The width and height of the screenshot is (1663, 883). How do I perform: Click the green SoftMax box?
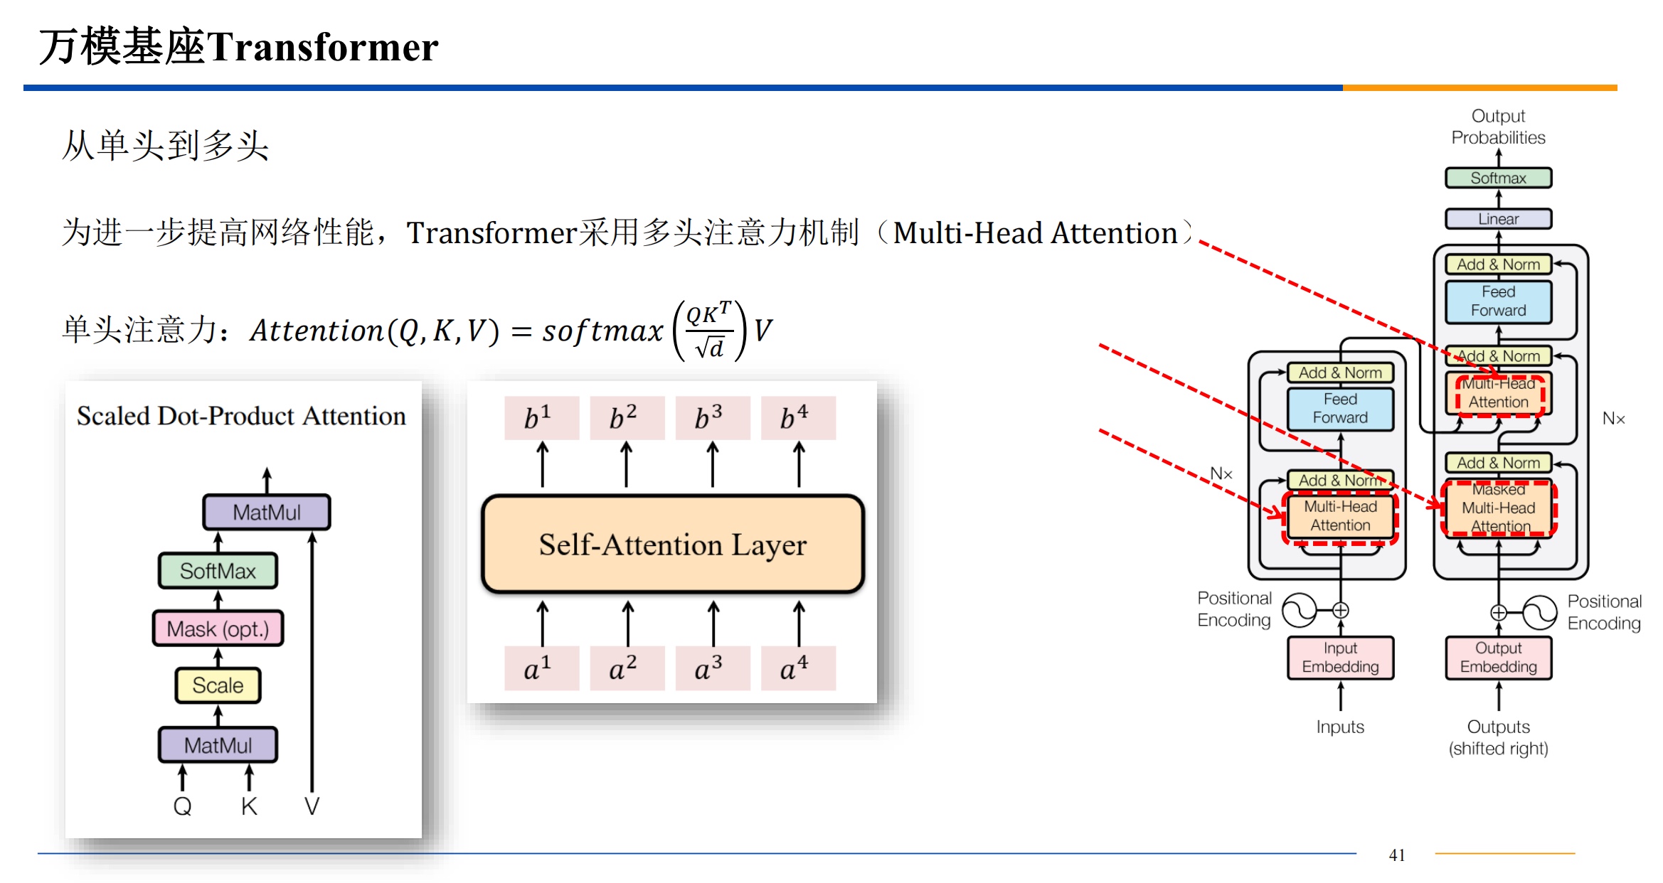(218, 571)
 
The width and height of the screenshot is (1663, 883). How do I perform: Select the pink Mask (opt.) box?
(218, 629)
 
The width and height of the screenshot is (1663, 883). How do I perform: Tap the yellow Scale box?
(218, 685)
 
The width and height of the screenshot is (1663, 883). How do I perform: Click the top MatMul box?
(267, 513)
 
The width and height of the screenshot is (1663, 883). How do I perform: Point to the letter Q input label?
(182, 806)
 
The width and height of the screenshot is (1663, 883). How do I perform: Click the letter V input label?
(312, 806)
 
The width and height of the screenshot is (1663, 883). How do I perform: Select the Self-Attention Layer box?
(672, 545)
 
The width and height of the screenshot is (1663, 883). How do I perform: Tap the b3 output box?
(712, 418)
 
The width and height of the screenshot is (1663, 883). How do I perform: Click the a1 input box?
(541, 668)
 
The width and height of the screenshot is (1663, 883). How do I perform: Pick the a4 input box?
(797, 668)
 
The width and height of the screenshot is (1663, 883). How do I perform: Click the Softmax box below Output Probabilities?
(1498, 178)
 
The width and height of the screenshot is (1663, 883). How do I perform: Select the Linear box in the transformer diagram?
(1498, 219)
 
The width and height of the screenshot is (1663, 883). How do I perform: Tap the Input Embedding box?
(1340, 658)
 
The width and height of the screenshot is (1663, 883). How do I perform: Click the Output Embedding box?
(1498, 658)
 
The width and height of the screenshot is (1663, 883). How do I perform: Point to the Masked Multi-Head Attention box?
(1498, 508)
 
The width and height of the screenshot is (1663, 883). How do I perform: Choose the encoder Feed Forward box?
(1340, 409)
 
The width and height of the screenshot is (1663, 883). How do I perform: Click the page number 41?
(1397, 855)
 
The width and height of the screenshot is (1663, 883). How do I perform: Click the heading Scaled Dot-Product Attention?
(241, 416)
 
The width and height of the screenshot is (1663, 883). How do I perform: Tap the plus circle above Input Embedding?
(1340, 610)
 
